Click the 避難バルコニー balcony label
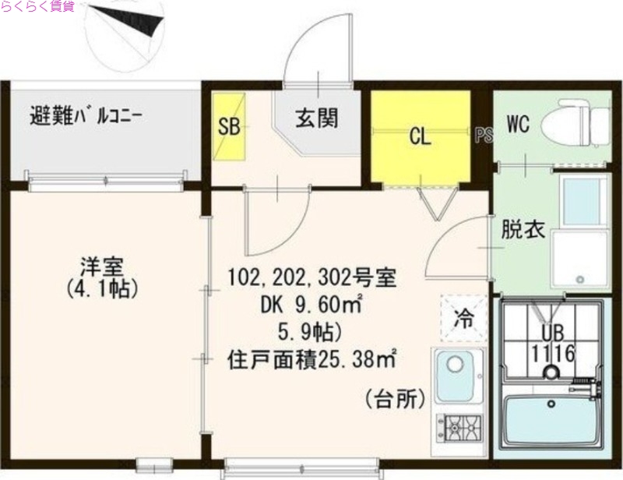click(x=86, y=118)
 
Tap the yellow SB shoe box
click(x=229, y=128)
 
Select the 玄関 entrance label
click(x=315, y=118)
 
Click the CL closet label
click(x=421, y=138)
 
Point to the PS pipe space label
click(x=484, y=136)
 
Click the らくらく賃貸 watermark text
click(x=37, y=7)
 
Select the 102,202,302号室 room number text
click(x=312, y=277)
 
